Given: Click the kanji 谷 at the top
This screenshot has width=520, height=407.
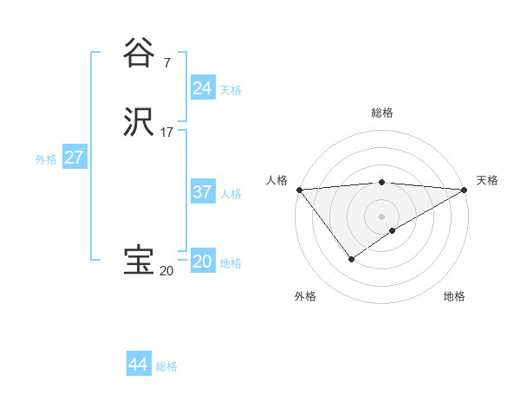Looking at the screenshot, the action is (x=139, y=53).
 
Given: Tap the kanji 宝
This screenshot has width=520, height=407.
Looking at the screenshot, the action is (x=139, y=261).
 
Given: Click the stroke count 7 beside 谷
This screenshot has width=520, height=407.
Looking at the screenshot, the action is (x=166, y=62).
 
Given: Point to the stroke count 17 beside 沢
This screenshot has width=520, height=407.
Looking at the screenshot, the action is (x=166, y=132).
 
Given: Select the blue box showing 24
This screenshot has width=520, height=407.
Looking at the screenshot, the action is (x=203, y=88).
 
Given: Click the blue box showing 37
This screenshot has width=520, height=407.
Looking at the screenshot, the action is (x=203, y=192).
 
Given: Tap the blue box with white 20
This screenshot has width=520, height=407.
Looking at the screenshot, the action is (x=203, y=262).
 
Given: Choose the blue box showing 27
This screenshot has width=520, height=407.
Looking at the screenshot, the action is (x=75, y=158).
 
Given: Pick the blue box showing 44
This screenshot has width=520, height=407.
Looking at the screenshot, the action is (x=139, y=365).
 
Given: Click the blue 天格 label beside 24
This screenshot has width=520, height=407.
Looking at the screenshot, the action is (x=231, y=90).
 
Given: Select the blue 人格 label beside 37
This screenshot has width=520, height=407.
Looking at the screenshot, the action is (x=231, y=194).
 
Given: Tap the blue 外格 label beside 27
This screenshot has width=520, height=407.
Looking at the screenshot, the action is (x=46, y=159).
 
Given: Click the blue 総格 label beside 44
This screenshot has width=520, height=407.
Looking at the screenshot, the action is (x=166, y=366).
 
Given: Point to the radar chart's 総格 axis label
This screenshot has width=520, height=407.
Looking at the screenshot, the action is (x=381, y=113).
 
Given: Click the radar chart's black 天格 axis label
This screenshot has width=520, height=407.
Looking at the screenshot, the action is (x=487, y=180).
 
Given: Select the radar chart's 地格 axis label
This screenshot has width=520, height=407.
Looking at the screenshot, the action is (x=454, y=296).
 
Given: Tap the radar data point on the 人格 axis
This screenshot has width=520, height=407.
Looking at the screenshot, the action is (x=299, y=190).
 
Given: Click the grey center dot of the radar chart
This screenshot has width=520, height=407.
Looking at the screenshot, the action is (x=381, y=216).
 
